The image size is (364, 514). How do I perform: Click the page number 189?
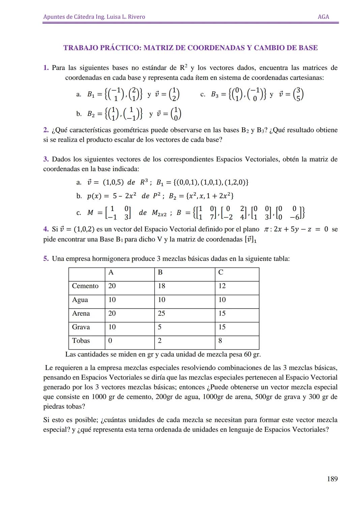tap(332, 479)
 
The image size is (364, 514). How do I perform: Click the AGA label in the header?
tap(323, 17)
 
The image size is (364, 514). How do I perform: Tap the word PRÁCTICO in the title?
tap(120, 48)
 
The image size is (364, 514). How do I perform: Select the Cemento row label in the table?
tap(85, 286)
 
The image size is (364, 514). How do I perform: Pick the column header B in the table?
tap(160, 272)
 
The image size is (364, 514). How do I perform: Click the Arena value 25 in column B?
tap(161, 313)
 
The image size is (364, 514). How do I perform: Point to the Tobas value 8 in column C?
tap(220, 341)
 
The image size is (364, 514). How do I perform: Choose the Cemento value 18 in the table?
tap(161, 286)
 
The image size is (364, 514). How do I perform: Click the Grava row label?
tap(81, 327)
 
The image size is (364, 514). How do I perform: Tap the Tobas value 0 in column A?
tap(110, 341)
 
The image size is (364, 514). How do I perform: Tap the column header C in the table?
tap(221, 272)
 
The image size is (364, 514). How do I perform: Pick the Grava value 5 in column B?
tap(159, 327)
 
